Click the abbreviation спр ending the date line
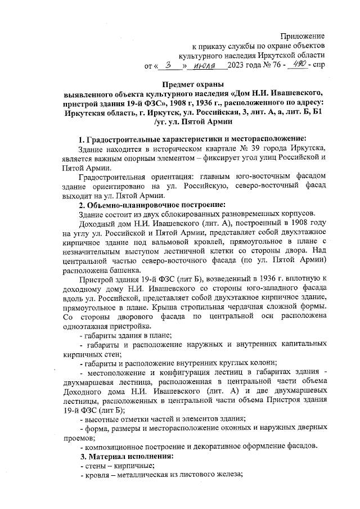(318, 66)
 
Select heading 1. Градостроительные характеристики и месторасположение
(192, 139)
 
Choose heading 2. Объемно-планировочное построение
(155, 205)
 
